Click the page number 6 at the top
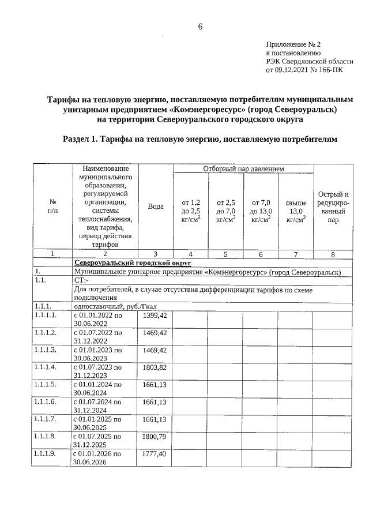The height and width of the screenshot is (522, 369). (x=201, y=27)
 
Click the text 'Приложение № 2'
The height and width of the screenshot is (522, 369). (x=293, y=44)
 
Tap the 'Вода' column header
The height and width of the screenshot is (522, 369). (x=156, y=206)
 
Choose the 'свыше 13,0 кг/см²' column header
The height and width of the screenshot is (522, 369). (x=296, y=211)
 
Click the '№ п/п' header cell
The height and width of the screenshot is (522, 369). (x=52, y=206)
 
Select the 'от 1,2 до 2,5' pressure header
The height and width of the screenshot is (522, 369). (x=191, y=211)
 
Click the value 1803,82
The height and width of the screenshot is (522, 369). (x=155, y=367)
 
